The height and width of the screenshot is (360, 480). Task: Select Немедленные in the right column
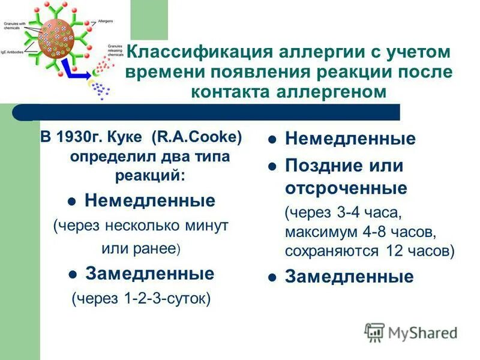tap(350, 139)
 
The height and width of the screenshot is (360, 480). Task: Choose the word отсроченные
tap(346, 188)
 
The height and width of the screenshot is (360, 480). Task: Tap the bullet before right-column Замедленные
tap(272, 277)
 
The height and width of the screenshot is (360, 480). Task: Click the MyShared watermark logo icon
tap(375, 332)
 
